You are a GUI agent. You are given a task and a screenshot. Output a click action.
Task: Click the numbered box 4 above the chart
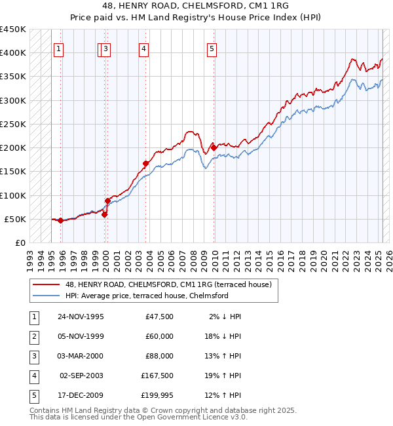[x=143, y=48]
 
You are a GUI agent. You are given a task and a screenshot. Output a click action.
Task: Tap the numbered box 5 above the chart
[x=212, y=48]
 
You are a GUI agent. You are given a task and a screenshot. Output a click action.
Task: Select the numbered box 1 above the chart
[x=59, y=48]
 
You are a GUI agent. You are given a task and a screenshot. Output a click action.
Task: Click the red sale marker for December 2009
[x=214, y=148]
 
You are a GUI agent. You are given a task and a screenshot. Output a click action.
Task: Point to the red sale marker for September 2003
[x=145, y=164]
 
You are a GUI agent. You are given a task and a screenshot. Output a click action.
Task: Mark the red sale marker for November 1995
[x=60, y=221]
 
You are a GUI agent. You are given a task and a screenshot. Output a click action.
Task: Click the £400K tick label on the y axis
[x=12, y=53]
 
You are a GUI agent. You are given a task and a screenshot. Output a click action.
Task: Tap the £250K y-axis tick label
[x=12, y=124]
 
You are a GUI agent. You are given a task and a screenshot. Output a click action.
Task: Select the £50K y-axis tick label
[x=15, y=219]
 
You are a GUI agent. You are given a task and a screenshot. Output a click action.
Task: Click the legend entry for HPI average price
[x=146, y=296]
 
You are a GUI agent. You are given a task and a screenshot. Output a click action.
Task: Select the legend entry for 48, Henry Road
[x=172, y=284]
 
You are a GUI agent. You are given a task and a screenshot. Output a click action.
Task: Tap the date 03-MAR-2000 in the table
[x=81, y=356]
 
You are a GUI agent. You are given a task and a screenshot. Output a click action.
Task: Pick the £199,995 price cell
[x=157, y=395]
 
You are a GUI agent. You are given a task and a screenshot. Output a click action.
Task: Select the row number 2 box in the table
[x=33, y=336]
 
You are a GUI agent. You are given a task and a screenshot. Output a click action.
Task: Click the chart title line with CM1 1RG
[x=196, y=5]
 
